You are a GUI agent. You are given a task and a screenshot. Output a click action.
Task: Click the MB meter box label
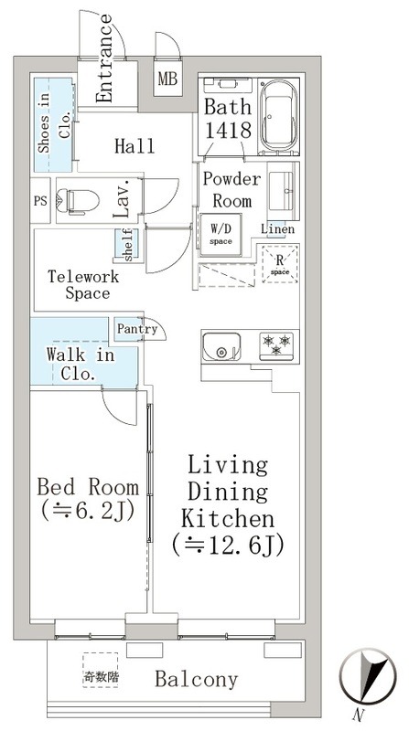coord(167,79)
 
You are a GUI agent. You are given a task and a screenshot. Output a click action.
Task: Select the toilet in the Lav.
coord(78,201)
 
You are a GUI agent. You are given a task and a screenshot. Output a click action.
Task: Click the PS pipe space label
coord(40,201)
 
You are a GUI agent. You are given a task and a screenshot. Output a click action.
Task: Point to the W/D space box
coord(221,235)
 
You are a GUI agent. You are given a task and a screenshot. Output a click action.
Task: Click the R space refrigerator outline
coord(280,264)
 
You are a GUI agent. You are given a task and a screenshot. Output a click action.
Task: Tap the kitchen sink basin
coord(221,347)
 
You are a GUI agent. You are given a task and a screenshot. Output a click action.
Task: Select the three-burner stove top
coord(276,346)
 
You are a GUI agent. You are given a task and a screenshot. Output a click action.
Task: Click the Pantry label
coord(137,329)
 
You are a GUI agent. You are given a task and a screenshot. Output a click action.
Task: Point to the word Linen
coord(278,229)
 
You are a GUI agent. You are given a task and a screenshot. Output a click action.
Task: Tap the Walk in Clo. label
coord(80,364)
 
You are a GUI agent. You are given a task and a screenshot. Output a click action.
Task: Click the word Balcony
coord(197,680)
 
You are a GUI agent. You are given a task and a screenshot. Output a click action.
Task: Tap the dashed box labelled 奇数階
coord(101,670)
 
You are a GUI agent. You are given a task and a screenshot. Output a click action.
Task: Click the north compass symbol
coord(368,676)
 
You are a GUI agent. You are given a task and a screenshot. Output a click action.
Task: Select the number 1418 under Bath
coord(229,130)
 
